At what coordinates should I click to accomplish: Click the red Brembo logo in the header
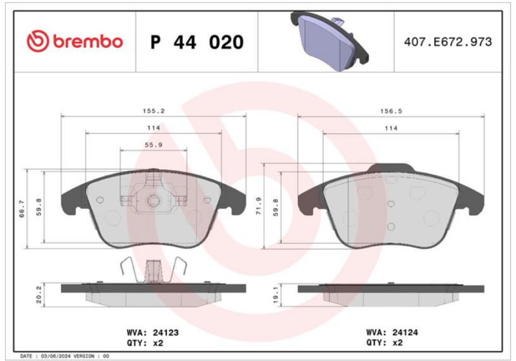(75, 41)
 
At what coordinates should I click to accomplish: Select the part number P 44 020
(197, 42)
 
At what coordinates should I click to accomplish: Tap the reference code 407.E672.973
(448, 42)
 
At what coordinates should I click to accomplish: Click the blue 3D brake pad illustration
(330, 41)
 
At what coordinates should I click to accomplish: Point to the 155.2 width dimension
(154, 111)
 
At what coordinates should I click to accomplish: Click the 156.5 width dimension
(391, 111)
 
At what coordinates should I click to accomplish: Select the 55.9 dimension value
(154, 145)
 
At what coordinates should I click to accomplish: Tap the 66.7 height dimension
(22, 209)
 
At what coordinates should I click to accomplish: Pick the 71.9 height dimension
(259, 206)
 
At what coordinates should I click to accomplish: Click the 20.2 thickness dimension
(39, 294)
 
